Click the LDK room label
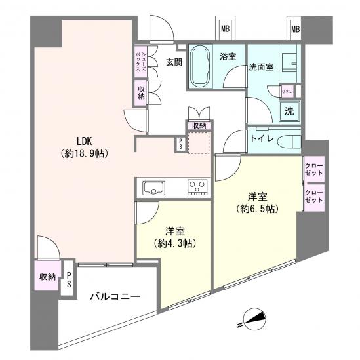tap(83, 140)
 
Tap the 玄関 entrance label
tap(174, 62)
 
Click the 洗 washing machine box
tap(289, 111)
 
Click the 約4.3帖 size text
tap(174, 243)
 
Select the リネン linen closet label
tap(287, 92)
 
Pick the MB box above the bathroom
tap(225, 29)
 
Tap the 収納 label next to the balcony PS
tap(47, 277)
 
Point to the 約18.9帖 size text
tap(83, 153)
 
